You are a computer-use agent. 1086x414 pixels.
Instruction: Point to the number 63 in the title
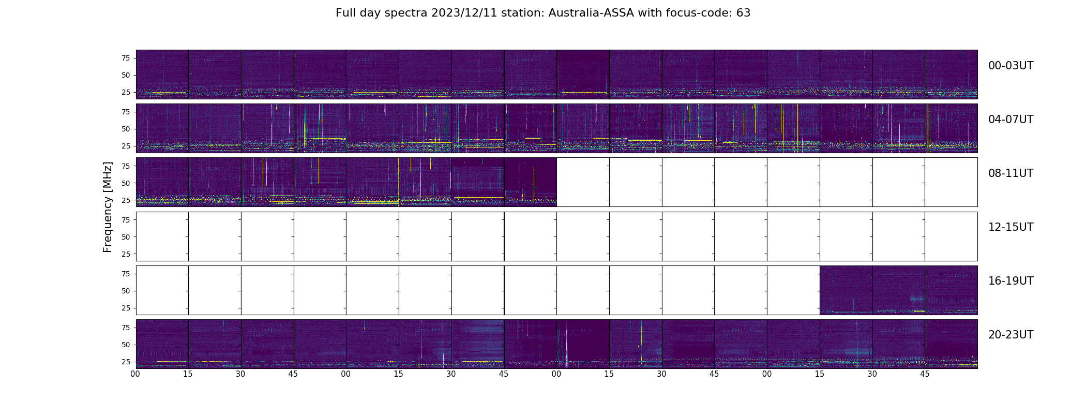[x=743, y=13]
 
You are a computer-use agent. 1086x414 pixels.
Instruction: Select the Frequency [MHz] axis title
[x=108, y=207]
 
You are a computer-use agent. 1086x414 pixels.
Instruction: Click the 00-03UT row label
[x=1010, y=66]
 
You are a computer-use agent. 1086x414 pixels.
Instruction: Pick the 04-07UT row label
[x=1010, y=120]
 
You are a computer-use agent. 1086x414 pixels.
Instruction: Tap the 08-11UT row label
[x=1010, y=173]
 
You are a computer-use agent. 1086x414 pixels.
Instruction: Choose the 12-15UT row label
[x=1010, y=227]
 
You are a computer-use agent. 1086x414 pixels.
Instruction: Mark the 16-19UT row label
[x=1010, y=281]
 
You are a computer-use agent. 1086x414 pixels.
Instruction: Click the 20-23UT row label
[x=1010, y=335]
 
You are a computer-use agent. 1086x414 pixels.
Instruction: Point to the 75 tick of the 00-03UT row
[x=125, y=58]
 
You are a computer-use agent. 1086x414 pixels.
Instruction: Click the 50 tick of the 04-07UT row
[x=125, y=129]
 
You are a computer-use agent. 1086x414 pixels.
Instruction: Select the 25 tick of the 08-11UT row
[x=125, y=200]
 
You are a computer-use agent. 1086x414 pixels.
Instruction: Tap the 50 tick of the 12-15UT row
[x=125, y=237]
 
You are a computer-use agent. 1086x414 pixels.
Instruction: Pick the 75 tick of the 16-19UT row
[x=125, y=274]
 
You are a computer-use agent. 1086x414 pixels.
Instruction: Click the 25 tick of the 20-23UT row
[x=125, y=362]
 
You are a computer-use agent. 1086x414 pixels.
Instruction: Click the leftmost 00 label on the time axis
[x=135, y=374]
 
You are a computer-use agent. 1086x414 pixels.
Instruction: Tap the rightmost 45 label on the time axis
[x=925, y=374]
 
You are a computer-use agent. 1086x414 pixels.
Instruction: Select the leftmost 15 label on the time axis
[x=188, y=374]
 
